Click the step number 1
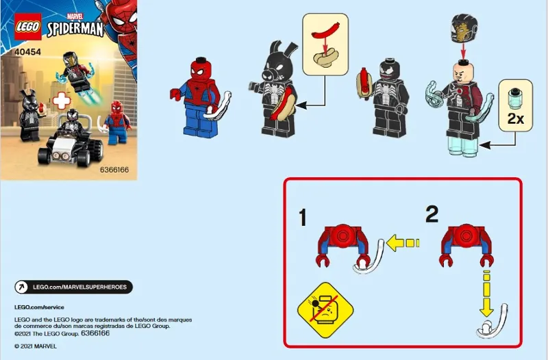(x=301, y=218)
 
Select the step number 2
(x=432, y=214)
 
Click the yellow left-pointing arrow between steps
(x=401, y=242)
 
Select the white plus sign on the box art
(x=62, y=99)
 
